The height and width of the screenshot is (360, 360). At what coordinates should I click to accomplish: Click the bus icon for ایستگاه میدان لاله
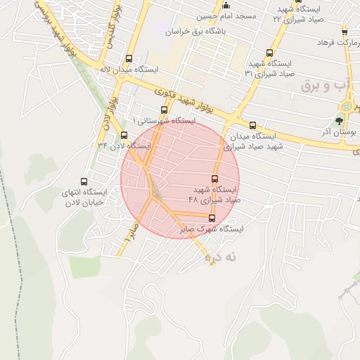128,59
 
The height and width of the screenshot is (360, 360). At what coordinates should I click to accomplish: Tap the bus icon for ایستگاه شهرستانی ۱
164,110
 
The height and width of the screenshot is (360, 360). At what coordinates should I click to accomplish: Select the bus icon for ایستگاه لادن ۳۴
124,135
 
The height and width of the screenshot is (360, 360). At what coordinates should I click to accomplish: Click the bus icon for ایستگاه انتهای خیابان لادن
84,181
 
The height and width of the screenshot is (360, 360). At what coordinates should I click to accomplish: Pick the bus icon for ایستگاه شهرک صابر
212,219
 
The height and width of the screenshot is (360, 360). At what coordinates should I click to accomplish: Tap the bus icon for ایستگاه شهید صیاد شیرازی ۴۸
215,179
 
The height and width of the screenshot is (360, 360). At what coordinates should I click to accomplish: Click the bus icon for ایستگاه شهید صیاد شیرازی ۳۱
270,53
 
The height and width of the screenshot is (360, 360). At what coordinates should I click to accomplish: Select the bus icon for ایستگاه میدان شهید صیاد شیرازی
252,125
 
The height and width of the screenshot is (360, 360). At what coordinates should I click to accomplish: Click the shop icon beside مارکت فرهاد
344,32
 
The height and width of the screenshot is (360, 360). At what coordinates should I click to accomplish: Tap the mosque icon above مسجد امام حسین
226,6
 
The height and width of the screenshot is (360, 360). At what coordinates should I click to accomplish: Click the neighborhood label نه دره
221,258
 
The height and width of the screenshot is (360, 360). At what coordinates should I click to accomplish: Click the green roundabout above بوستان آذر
347,106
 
